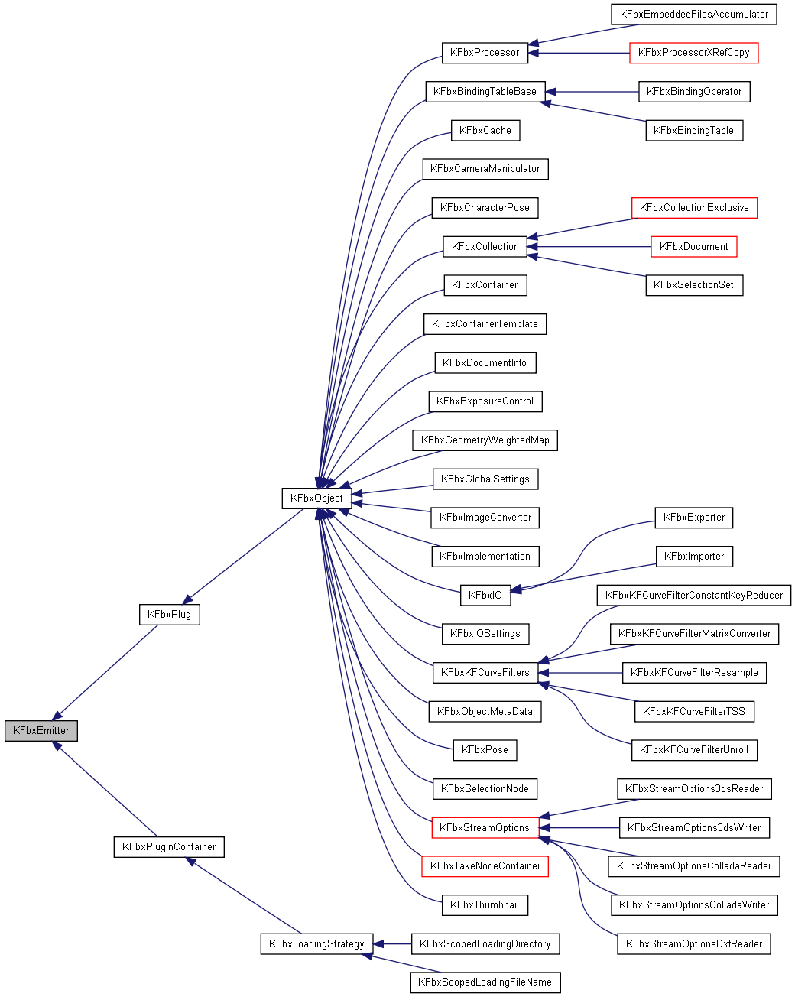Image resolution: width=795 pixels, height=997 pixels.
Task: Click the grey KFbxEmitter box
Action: pos(41,730)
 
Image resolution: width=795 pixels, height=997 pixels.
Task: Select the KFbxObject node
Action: pos(317,498)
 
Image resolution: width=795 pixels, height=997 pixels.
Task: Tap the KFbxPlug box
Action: pos(170,614)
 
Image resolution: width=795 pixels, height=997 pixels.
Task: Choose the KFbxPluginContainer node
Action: pos(169,846)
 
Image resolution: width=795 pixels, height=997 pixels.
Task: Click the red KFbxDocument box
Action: pos(693,246)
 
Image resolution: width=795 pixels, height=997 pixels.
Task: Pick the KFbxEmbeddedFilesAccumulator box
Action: pos(693,14)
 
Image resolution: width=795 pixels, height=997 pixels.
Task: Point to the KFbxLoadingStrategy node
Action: pos(316,943)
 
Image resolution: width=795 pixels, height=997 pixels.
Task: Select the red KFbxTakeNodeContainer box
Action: pos(485,865)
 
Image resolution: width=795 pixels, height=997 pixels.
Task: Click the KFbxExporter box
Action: pos(693,517)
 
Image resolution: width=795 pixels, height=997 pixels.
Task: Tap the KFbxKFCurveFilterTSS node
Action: pos(693,711)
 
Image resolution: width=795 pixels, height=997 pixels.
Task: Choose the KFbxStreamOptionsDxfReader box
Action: pos(693,943)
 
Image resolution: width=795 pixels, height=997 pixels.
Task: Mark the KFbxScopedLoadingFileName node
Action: pos(485,982)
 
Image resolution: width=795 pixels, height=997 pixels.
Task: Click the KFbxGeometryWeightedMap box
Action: pos(485,440)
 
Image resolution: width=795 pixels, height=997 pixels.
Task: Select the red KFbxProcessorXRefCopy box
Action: pos(693,52)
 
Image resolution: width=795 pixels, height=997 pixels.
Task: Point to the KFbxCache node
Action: pos(485,130)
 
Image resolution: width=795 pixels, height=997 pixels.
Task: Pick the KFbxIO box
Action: pos(485,595)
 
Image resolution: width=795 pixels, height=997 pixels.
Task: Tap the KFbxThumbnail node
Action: pos(485,904)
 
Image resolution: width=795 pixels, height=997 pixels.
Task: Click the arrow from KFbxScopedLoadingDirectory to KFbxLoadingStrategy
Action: pos(393,944)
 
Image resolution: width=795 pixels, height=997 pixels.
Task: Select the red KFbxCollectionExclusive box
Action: pos(693,207)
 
